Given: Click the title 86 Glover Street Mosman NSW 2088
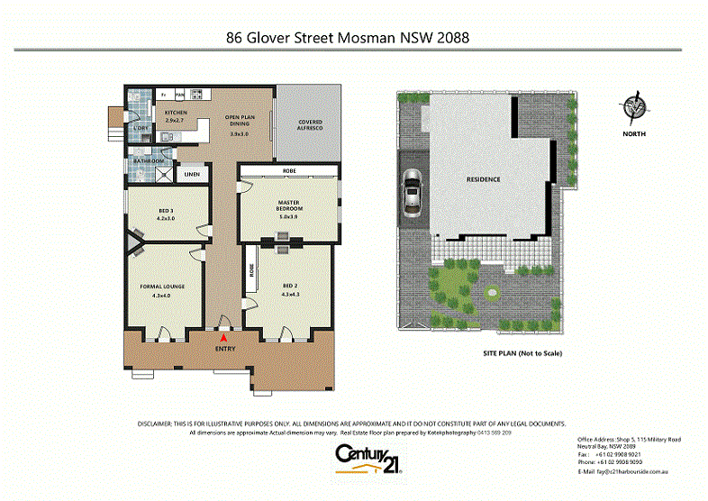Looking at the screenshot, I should [x=347, y=38].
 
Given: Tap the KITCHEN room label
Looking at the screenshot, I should [x=174, y=112].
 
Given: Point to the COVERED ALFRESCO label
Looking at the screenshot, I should [x=310, y=125].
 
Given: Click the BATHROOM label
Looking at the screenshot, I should [x=149, y=161].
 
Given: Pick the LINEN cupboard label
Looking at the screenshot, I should [x=191, y=175].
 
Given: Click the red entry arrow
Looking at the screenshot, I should [x=224, y=336].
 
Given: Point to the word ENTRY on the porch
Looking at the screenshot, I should [x=224, y=347].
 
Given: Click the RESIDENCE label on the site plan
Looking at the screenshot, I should [x=483, y=179].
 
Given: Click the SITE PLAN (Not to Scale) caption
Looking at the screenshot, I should [x=522, y=353].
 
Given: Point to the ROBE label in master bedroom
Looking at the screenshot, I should [x=289, y=169].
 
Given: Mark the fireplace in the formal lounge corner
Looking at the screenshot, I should [x=135, y=240].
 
